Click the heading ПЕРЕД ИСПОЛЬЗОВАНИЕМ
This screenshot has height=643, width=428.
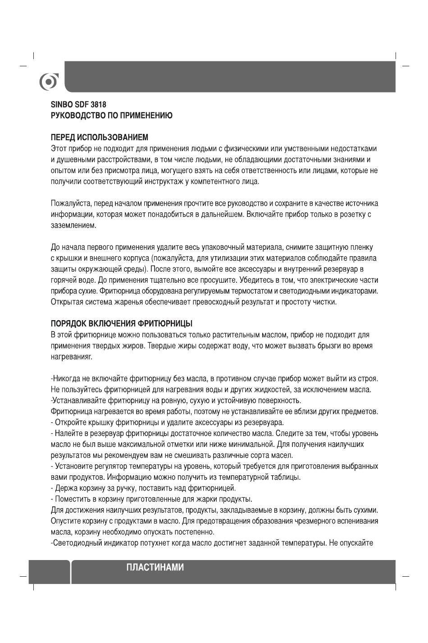click(x=99, y=137)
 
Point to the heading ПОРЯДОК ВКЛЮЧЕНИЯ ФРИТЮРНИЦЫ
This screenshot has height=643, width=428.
click(x=122, y=324)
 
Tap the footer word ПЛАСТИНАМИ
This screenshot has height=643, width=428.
click(x=155, y=567)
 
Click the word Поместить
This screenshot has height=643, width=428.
click(x=72, y=499)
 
